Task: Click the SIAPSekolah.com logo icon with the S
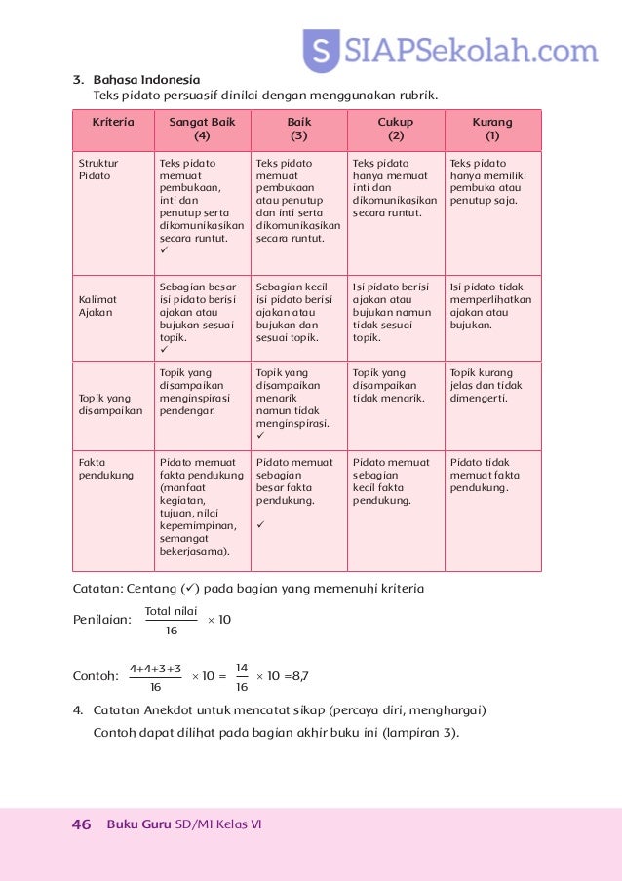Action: (x=321, y=52)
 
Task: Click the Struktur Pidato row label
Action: (x=95, y=170)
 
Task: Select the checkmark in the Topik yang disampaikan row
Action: (x=260, y=437)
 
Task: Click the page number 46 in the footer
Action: (x=82, y=824)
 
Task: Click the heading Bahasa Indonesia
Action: (x=146, y=79)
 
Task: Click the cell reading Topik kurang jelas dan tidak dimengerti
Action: (x=492, y=385)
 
